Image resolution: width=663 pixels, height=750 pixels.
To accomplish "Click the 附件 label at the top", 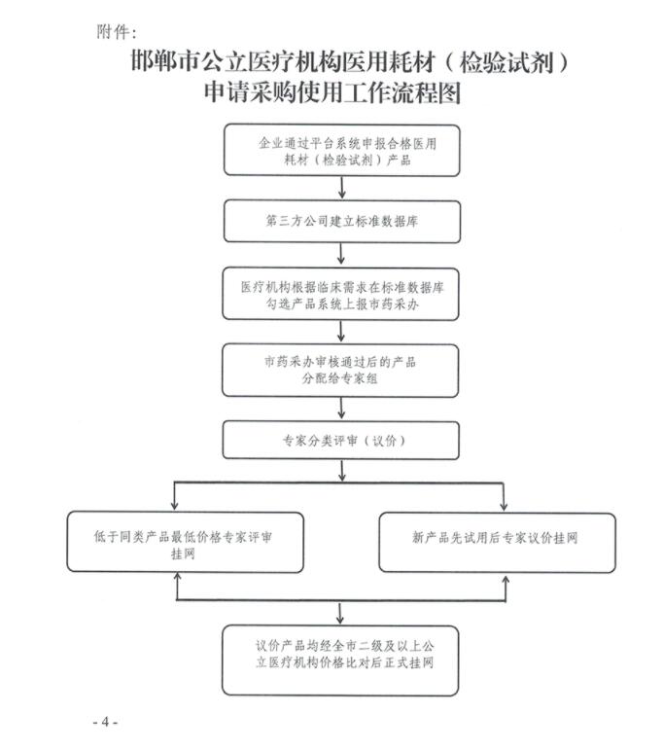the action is click(x=113, y=32).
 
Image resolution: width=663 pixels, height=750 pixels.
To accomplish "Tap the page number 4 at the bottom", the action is click(x=106, y=721).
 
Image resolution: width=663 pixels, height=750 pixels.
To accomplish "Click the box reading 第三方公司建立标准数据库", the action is click(x=342, y=222).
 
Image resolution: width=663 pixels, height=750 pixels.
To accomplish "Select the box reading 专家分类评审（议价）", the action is click(x=341, y=441).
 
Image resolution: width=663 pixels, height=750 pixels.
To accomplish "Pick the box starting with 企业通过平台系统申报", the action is click(x=342, y=150).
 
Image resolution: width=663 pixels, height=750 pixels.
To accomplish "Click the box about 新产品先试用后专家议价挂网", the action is click(x=497, y=543).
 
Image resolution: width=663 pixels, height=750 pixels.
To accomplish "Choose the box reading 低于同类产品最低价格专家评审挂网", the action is click(x=186, y=542).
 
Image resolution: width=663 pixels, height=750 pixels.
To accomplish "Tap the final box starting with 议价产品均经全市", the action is click(x=340, y=661).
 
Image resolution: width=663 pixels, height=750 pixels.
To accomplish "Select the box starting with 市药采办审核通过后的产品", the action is click(x=340, y=371).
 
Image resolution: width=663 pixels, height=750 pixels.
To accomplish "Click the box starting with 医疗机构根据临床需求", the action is click(x=341, y=294).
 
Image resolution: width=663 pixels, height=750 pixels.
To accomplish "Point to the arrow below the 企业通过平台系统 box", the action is click(x=342, y=188).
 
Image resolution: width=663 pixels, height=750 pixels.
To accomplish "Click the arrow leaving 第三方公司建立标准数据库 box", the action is click(x=341, y=254).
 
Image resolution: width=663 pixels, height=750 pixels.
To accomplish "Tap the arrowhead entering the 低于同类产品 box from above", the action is click(x=174, y=506).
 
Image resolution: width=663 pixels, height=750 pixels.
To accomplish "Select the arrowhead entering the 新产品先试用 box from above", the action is click(x=504, y=506).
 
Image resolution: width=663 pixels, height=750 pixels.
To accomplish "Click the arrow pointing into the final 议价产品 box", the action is click(x=340, y=614).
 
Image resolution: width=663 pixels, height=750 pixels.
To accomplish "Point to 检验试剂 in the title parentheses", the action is click(x=506, y=62).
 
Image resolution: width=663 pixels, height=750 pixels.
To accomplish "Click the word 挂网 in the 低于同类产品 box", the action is click(x=183, y=554).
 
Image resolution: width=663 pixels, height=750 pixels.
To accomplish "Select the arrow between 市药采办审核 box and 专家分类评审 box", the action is click(x=341, y=409).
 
